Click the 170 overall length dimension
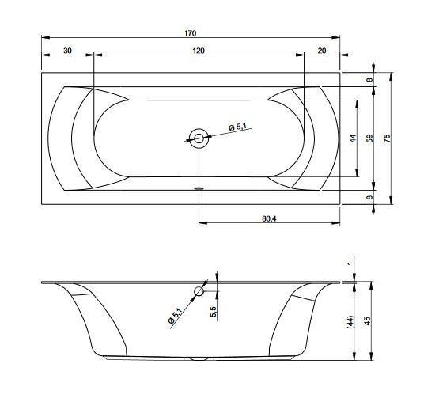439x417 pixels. tap(190, 33)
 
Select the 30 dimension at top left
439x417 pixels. tap(67, 51)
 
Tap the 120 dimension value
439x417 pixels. tap(199, 51)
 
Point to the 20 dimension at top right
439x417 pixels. tap(322, 51)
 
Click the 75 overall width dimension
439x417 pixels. tap(387, 138)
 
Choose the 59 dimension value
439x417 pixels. tap(370, 138)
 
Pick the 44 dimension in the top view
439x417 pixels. tap(354, 138)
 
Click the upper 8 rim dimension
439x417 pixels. tap(370, 80)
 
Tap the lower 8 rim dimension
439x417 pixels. tap(370, 197)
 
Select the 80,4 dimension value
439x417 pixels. tap(269, 218)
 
